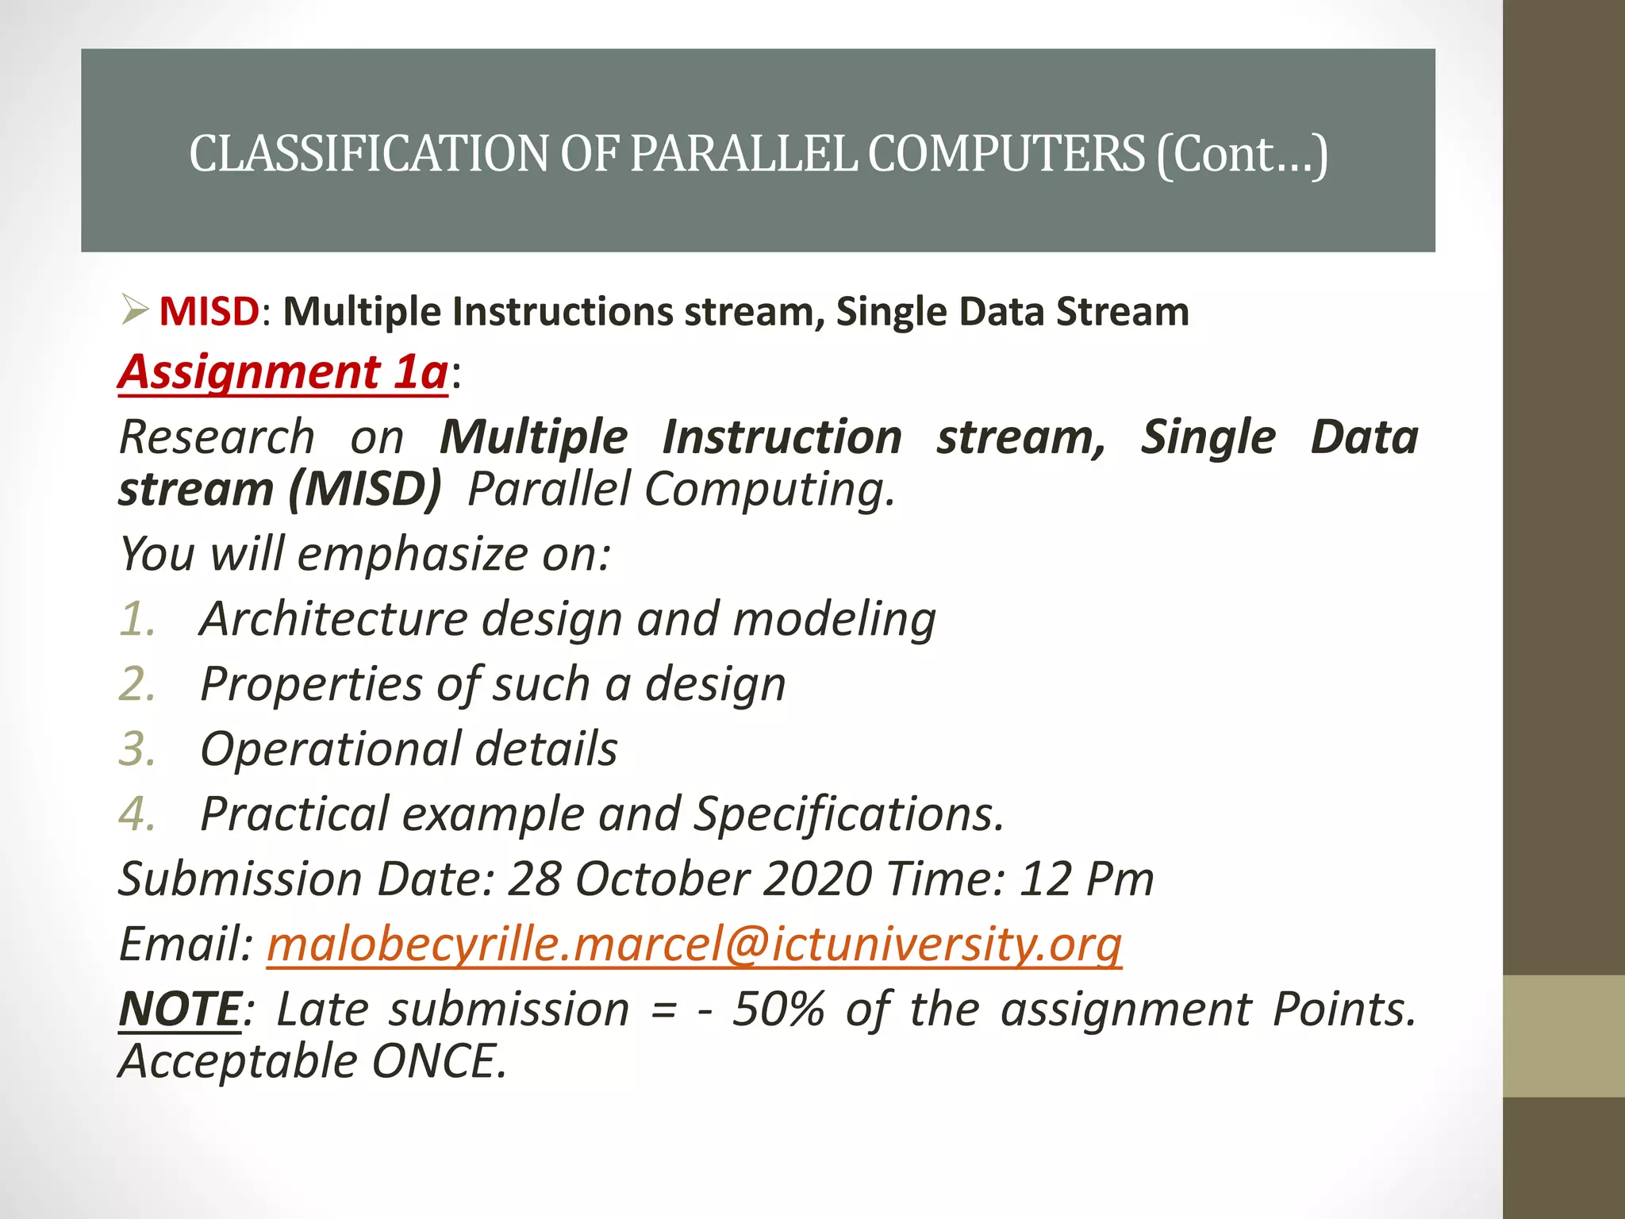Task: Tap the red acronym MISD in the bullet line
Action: pyautogui.click(x=209, y=311)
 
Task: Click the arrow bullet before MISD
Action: pyautogui.click(x=135, y=310)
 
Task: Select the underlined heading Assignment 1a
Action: pyautogui.click(x=283, y=371)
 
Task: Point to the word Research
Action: pyautogui.click(x=217, y=437)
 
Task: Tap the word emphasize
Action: pyautogui.click(x=411, y=553)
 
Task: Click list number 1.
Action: pyautogui.click(x=136, y=618)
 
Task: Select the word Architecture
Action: pyautogui.click(x=333, y=618)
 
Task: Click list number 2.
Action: pyautogui.click(x=136, y=683)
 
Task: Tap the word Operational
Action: pyautogui.click(x=331, y=748)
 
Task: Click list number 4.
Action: pyautogui.click(x=136, y=814)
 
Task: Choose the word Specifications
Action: pyautogui.click(x=848, y=814)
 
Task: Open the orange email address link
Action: pyautogui.click(x=693, y=944)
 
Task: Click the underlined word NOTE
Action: pyautogui.click(x=179, y=1009)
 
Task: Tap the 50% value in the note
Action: pyautogui.click(x=778, y=1009)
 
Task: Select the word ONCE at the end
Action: pyautogui.click(x=437, y=1061)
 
